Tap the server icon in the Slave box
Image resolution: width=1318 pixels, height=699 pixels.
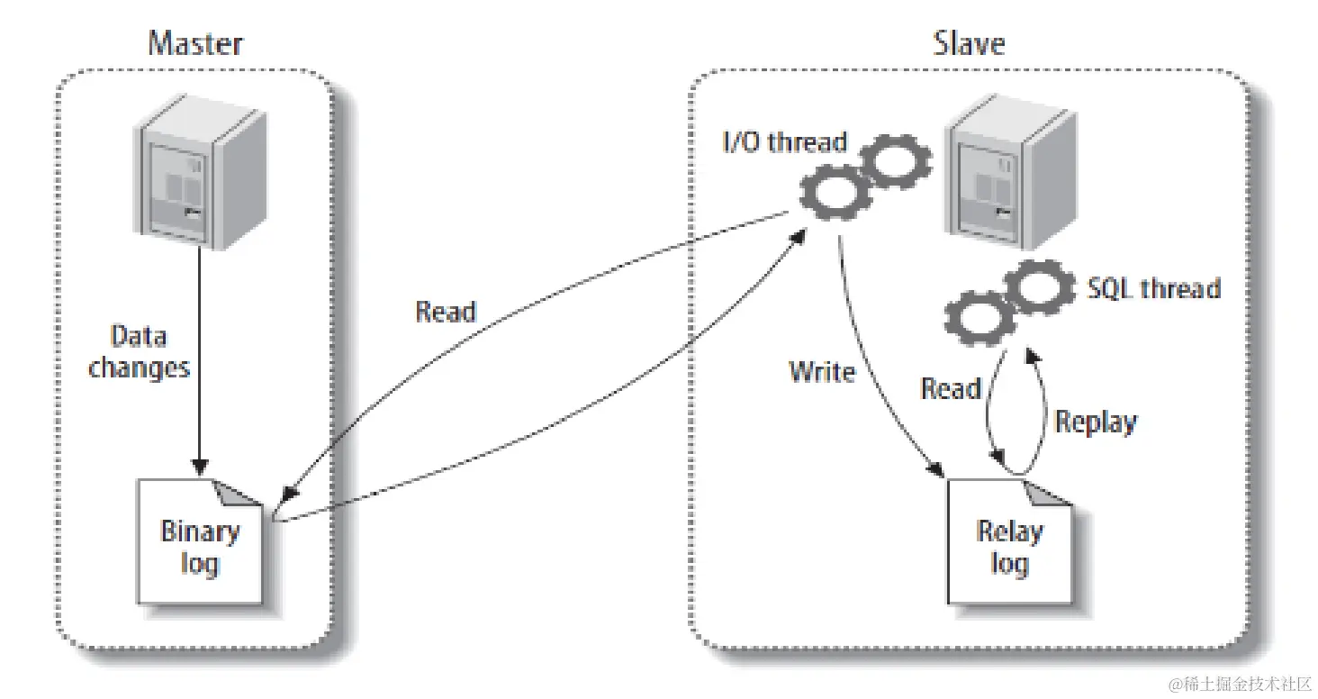click(998, 181)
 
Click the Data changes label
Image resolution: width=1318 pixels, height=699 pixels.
click(140, 351)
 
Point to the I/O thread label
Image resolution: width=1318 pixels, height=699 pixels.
click(783, 142)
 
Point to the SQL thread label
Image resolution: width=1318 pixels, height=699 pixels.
click(1153, 288)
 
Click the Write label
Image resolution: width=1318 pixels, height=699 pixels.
click(821, 371)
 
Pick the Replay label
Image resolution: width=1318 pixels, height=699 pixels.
click(1095, 422)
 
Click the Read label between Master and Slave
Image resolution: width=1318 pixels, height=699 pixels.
click(445, 312)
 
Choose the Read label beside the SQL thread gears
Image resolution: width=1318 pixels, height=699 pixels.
click(951, 389)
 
